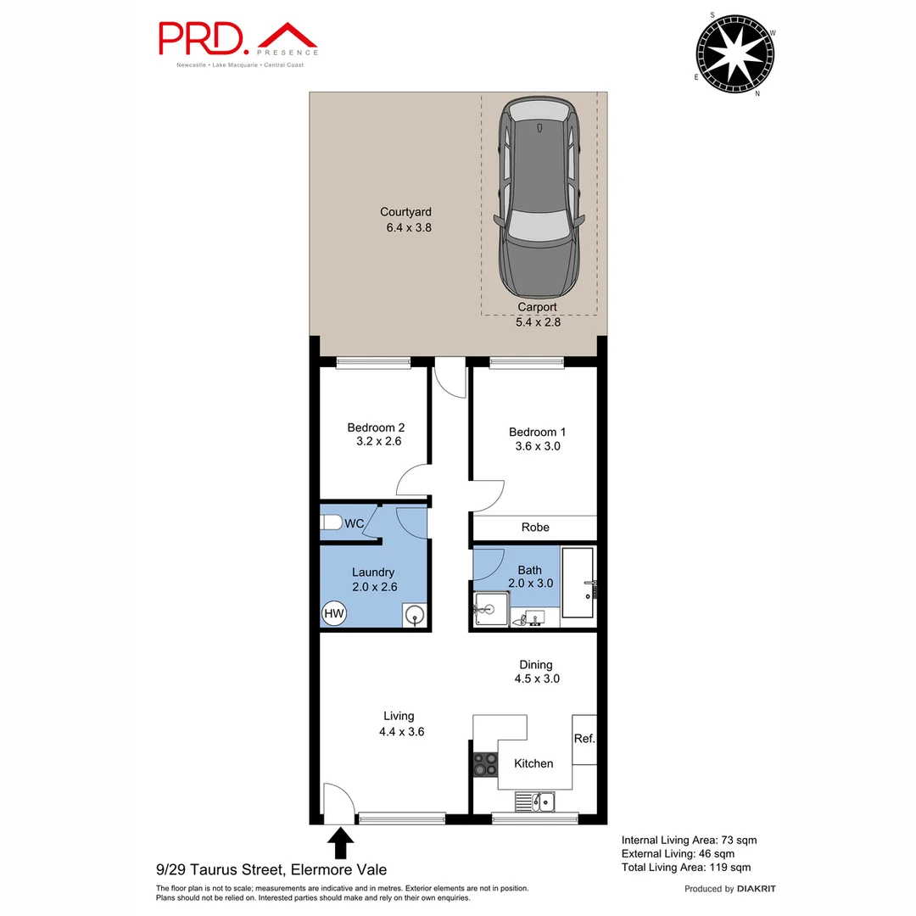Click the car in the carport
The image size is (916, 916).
click(540, 195)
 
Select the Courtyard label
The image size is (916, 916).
click(405, 220)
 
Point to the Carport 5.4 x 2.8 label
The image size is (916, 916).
click(538, 315)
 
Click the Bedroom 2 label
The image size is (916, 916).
click(370, 434)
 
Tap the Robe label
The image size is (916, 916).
click(535, 527)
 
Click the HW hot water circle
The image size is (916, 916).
click(333, 613)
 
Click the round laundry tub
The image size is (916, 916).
click(415, 614)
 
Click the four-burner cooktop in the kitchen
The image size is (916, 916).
click(485, 764)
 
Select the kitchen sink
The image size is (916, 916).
click(534, 800)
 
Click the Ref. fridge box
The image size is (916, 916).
click(584, 738)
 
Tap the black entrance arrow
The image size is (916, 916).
click(341, 843)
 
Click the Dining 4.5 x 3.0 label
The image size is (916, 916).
click(535, 672)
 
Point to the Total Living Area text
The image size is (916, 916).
click(685, 867)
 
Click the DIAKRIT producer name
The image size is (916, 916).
click(757, 888)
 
